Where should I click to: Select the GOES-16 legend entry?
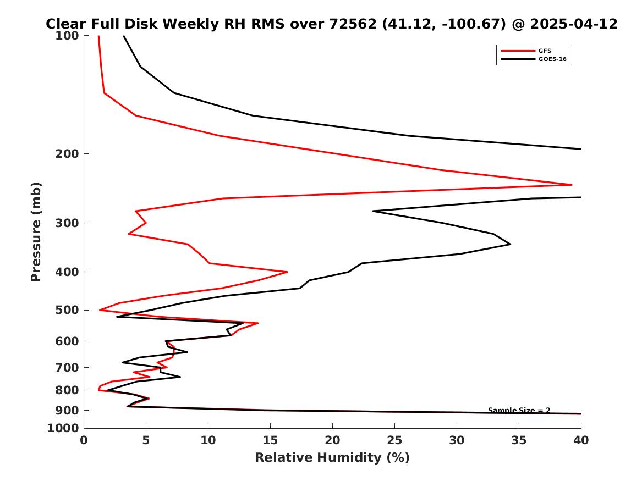[534, 59]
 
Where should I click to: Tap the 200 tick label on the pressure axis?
[67, 154]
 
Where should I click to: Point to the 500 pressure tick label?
[67, 311]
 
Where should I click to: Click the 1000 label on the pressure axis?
[63, 428]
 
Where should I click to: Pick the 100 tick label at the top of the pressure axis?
[67, 36]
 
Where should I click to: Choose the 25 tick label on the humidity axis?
[394, 440]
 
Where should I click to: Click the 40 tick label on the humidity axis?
[581, 440]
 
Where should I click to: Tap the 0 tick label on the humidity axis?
[84, 440]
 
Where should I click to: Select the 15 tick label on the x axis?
[270, 440]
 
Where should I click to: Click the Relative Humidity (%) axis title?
[332, 457]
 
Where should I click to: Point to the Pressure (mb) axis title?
[36, 232]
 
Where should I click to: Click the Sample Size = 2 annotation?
[519, 410]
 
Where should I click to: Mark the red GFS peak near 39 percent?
[572, 185]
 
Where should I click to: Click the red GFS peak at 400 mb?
[287, 272]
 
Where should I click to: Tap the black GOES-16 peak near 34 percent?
[510, 244]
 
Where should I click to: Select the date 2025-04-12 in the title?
[574, 24]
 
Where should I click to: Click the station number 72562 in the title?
[353, 24]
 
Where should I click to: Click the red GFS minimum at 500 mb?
[100, 310]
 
